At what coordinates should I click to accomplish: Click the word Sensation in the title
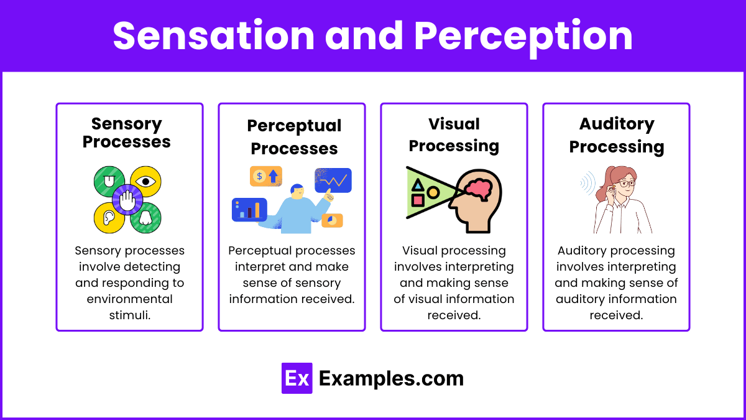(214, 35)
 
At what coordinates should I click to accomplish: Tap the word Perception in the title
(523, 35)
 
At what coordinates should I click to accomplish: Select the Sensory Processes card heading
(127, 133)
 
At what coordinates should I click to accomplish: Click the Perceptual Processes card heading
(294, 137)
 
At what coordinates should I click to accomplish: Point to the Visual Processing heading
(454, 135)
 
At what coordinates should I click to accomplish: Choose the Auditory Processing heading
(617, 135)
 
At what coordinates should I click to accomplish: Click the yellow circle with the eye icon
(146, 181)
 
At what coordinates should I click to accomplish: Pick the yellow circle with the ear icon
(109, 218)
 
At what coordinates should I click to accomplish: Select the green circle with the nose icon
(145, 218)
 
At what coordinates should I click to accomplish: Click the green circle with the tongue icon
(109, 182)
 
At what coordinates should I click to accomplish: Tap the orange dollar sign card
(265, 176)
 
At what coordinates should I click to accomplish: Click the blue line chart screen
(333, 180)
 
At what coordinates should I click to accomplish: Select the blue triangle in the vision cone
(418, 185)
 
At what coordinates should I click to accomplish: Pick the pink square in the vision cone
(418, 200)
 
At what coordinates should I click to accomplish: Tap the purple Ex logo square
(297, 378)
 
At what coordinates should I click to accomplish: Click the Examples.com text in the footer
(391, 378)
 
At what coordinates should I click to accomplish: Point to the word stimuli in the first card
(129, 315)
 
